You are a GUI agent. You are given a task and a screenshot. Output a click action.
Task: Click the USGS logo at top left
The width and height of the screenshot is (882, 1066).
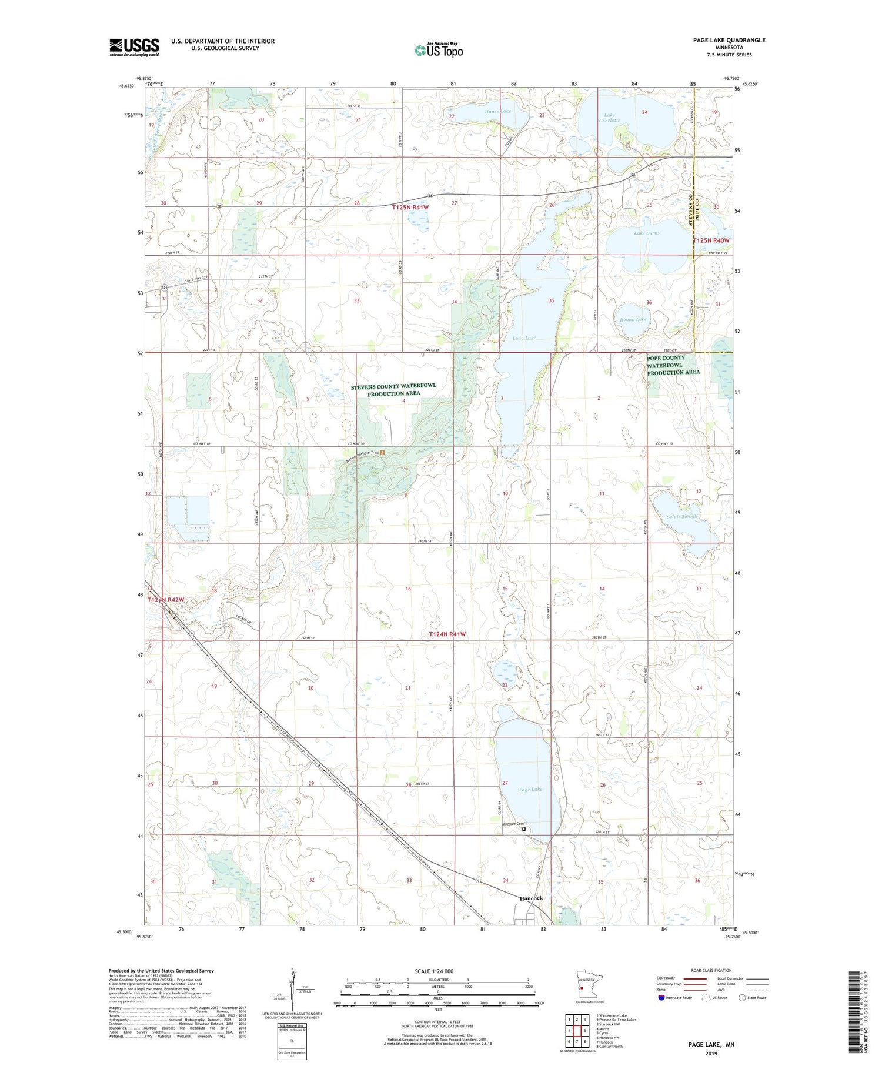click(x=134, y=47)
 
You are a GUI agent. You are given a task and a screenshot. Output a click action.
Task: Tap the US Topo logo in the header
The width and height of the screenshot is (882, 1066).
click(x=438, y=50)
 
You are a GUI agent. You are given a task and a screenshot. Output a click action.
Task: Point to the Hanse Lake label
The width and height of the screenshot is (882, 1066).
click(x=497, y=111)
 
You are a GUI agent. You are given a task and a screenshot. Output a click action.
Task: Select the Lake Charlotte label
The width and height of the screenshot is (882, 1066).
click(x=609, y=118)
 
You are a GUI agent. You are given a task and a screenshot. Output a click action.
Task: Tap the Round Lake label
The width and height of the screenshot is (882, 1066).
click(x=633, y=319)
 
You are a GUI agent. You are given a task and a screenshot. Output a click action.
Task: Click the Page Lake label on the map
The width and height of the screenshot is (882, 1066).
click(x=530, y=789)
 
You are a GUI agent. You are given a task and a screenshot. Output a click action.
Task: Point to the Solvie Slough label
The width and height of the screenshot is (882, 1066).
click(x=682, y=516)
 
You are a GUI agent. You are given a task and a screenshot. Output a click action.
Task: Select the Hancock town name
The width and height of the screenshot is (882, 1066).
click(x=531, y=898)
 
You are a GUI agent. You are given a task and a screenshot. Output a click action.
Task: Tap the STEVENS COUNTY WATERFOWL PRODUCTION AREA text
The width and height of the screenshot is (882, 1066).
click(x=393, y=390)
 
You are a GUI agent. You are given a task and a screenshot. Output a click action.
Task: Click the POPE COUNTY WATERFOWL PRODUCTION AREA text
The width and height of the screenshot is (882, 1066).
click(x=673, y=365)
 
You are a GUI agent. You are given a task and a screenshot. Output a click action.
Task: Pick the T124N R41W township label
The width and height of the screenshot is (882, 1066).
click(x=447, y=634)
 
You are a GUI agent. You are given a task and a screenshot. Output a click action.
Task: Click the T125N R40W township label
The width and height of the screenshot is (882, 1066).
click(x=711, y=240)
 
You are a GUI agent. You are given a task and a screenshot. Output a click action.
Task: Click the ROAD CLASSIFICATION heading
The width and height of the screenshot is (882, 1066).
click(x=711, y=970)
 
